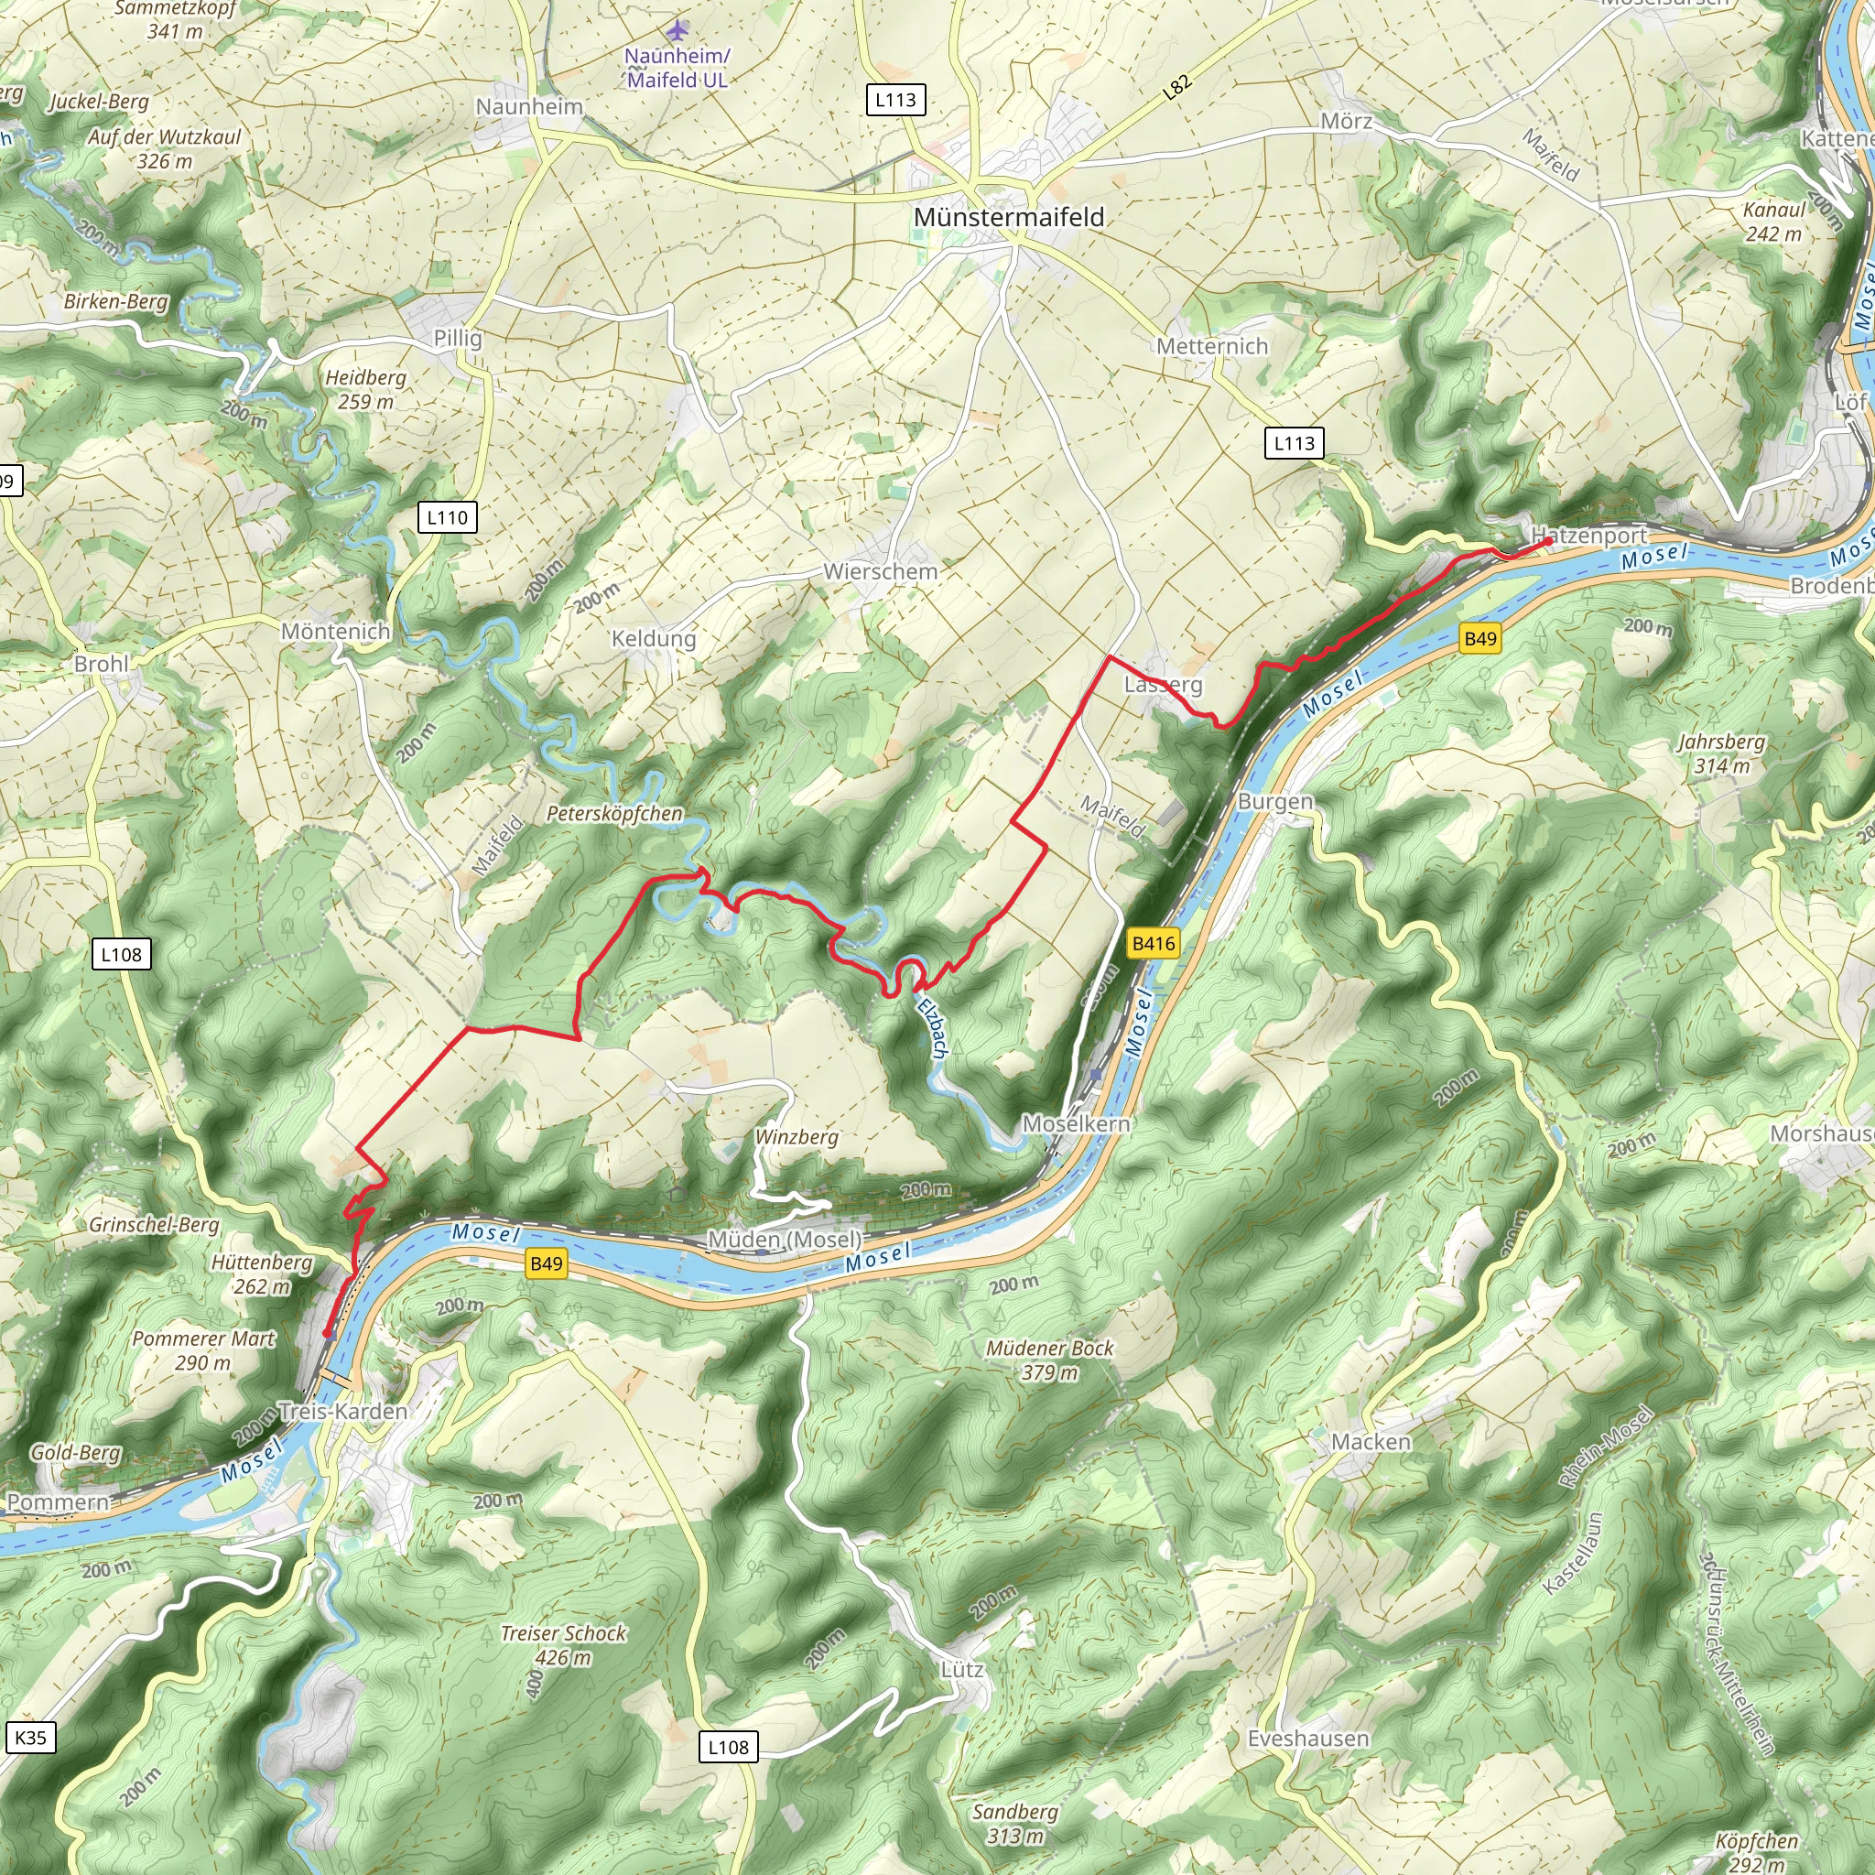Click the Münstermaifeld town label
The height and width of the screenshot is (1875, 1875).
coord(1008,217)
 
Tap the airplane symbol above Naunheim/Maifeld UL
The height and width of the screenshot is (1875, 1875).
coord(677,30)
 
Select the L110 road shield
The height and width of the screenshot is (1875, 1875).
coord(448,517)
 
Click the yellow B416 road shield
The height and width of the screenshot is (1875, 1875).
coord(1153,943)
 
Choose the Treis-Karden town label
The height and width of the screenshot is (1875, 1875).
coord(342,1411)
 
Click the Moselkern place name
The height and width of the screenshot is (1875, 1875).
coord(1077,1124)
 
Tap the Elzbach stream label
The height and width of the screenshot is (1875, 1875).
coord(932,1027)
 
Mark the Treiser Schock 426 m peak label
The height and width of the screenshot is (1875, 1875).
coord(563,1645)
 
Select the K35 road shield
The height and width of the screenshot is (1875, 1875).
coord(30,1737)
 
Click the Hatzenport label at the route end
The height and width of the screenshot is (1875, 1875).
coord(1588,535)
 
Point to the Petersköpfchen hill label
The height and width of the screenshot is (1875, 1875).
coord(614,813)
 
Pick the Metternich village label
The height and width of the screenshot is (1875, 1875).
coord(1212,346)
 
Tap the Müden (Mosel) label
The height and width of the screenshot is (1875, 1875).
coord(785,1240)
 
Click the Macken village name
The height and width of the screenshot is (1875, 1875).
coord(1371,1442)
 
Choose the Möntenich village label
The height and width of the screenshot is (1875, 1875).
coord(336,632)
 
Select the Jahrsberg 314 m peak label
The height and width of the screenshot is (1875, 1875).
coord(1722,754)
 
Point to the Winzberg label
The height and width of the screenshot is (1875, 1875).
coord(797,1136)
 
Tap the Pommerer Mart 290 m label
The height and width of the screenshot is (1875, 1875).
coord(204,1350)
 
